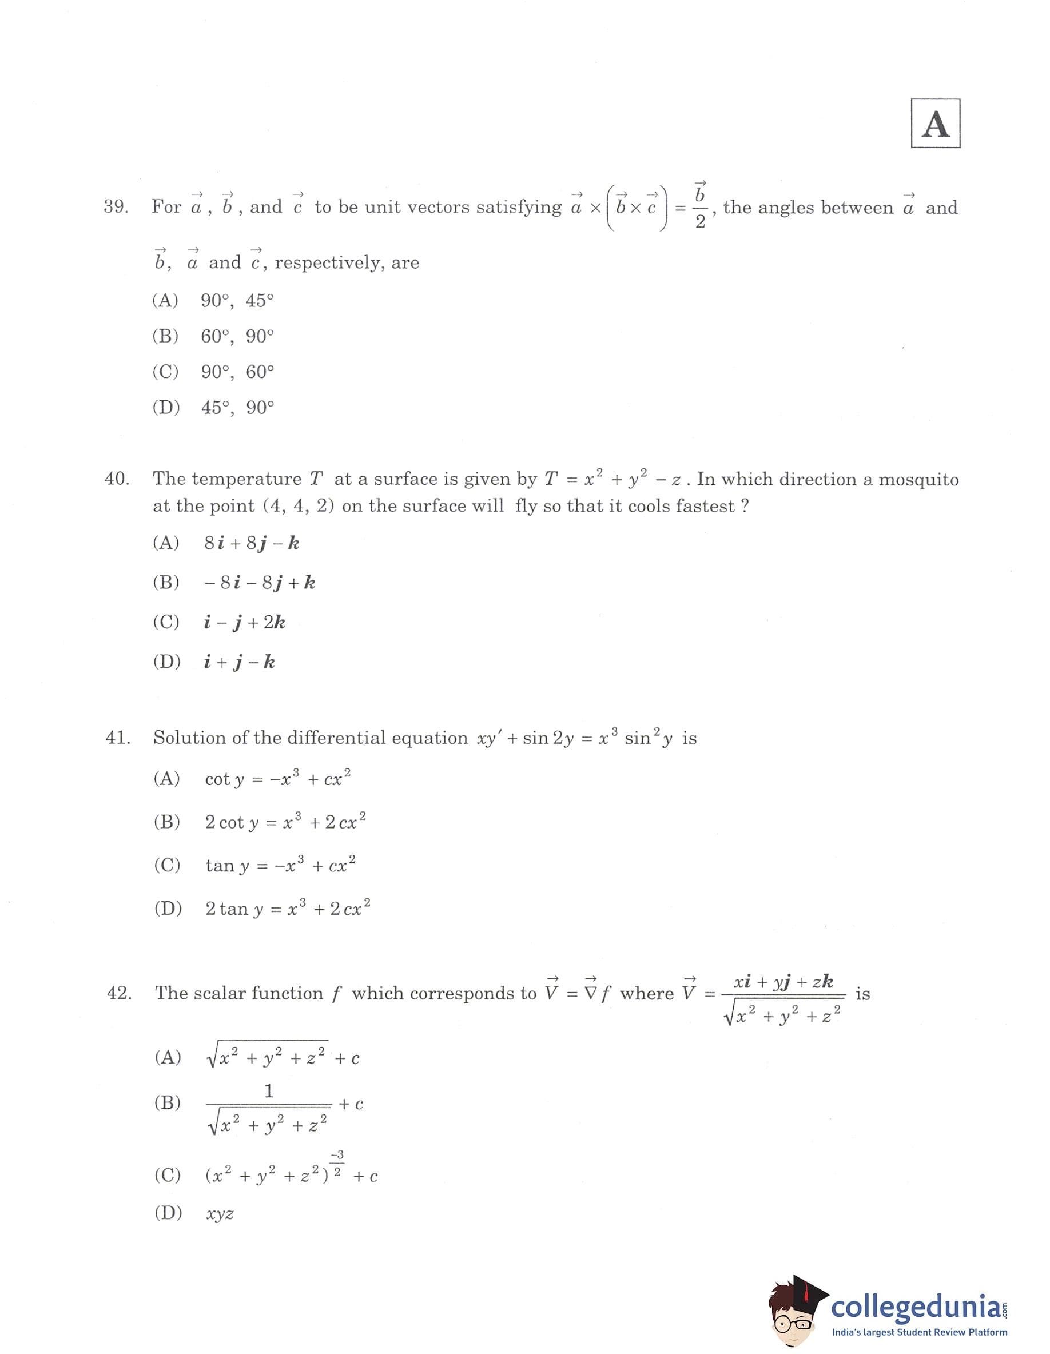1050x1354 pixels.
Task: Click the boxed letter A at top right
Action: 934,124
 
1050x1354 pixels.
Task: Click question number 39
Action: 116,207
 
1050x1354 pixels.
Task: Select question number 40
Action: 117,479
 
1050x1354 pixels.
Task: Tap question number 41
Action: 118,738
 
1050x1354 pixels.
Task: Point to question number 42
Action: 119,993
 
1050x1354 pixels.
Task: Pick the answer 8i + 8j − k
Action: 252,544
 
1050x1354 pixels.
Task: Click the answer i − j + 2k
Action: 244,623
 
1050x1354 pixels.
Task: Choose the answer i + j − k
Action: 240,662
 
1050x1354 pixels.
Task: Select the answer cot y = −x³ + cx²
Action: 278,779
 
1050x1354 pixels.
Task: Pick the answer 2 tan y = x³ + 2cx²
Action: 288,909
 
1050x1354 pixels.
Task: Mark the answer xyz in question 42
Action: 220,1214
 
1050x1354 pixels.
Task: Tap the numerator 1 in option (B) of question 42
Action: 269,1091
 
